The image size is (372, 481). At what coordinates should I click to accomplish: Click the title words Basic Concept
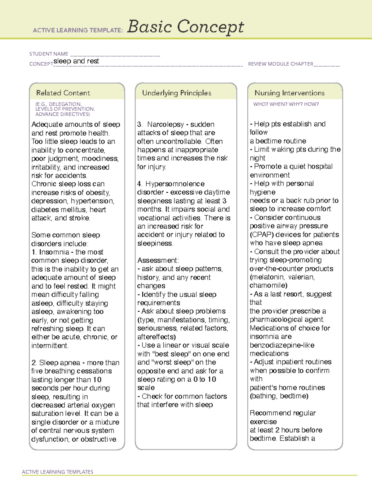tap(185, 27)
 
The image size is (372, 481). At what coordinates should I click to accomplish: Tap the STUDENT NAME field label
tap(49, 54)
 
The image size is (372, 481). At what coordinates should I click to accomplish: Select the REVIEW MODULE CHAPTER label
tap(281, 64)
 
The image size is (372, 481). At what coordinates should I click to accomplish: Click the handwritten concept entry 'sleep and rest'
tap(76, 61)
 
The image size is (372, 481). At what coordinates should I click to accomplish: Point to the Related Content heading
tap(63, 93)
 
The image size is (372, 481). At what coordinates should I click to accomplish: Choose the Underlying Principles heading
tap(176, 93)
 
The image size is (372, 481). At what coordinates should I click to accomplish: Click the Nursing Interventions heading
tap(289, 93)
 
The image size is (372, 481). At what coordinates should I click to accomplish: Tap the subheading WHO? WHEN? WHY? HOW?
tap(286, 104)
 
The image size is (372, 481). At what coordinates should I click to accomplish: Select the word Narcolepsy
tap(166, 125)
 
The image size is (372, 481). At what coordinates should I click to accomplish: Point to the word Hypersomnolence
tap(175, 184)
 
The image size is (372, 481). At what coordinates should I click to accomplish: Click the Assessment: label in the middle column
tap(158, 260)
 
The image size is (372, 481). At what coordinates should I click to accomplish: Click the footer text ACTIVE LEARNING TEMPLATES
tap(57, 472)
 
